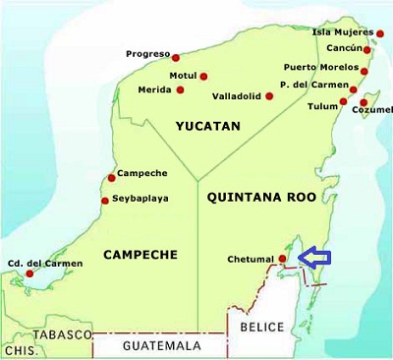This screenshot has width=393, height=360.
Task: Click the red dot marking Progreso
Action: point(177,55)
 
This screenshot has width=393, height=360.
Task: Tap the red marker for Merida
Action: point(180,90)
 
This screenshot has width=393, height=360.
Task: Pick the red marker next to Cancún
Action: point(367,49)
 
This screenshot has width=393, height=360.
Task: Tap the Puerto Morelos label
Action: point(320,67)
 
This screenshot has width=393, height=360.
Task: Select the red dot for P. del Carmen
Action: point(354,87)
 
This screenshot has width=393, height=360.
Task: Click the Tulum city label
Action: point(322,106)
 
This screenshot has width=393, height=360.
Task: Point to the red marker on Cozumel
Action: point(364,102)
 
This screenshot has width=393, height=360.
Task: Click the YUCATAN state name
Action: point(207,127)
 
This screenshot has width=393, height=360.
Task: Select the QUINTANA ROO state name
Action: point(262,197)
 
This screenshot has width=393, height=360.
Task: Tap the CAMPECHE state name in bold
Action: point(140,255)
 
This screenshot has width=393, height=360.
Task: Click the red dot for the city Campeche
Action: point(111,178)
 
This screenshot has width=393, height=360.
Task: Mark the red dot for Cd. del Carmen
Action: point(28,273)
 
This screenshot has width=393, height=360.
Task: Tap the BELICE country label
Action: point(263,327)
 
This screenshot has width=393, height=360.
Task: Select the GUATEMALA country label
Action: point(161,346)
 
